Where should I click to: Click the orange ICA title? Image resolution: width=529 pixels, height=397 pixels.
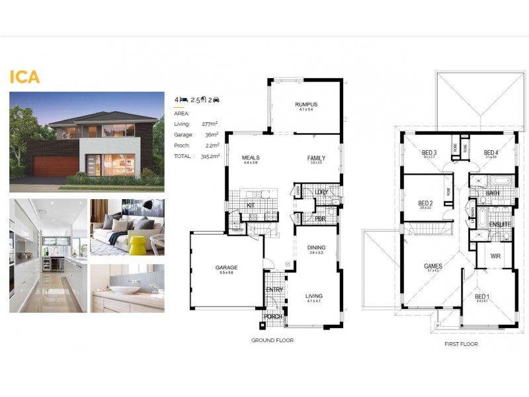point(24,76)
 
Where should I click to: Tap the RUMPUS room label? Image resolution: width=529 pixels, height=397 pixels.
point(306,105)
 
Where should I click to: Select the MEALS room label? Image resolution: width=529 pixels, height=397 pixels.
point(250,158)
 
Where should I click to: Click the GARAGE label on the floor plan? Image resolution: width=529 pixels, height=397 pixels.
point(226,267)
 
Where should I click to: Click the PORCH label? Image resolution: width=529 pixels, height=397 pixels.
point(273,317)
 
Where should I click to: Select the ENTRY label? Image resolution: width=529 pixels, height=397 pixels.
point(274,290)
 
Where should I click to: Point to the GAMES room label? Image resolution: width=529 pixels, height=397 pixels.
point(433,266)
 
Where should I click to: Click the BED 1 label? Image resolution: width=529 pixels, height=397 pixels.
point(482,296)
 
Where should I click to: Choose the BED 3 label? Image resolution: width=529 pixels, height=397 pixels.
point(429,153)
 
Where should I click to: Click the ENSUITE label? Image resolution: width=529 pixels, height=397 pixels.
point(499,224)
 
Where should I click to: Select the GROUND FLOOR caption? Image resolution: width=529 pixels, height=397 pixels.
point(272,340)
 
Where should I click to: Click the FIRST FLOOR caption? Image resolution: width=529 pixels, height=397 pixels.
point(462,344)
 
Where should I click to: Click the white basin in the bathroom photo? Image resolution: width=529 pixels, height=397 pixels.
point(125,289)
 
